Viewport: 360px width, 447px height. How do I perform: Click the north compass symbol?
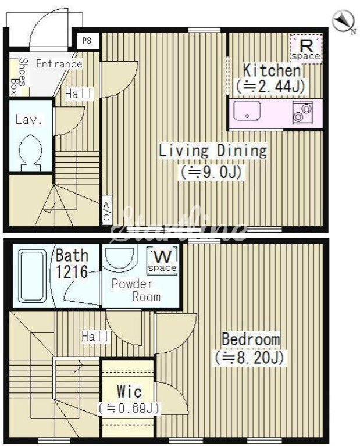(344, 21)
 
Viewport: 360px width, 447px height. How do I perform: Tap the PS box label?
(87, 41)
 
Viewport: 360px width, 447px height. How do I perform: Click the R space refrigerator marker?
(306, 48)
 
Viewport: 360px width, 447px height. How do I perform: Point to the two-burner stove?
(302, 112)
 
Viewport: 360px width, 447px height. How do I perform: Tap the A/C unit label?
(106, 210)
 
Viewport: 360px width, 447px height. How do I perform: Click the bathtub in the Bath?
(32, 276)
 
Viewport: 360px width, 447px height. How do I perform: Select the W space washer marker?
(162, 261)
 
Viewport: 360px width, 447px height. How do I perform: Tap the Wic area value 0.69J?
(129, 408)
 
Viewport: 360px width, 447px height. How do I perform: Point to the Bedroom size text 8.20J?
(250, 357)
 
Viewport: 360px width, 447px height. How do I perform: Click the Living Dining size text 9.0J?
(211, 172)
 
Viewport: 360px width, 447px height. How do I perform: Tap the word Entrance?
(59, 64)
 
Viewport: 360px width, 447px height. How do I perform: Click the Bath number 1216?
(72, 271)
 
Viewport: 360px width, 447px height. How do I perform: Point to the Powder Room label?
(136, 290)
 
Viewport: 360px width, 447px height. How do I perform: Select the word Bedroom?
(251, 339)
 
